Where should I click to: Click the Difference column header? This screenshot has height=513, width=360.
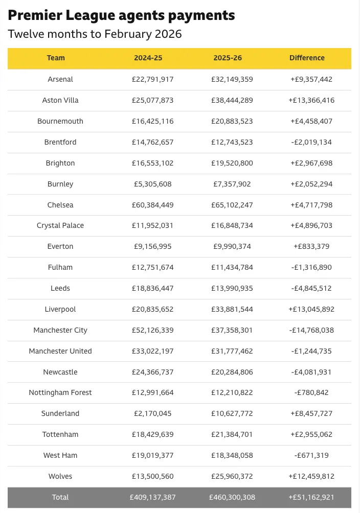tap(307, 58)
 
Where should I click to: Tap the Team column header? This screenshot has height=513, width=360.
tap(56, 58)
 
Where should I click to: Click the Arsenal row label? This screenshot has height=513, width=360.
tap(60, 79)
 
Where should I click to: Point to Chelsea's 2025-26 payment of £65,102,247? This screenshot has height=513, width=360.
tap(232, 205)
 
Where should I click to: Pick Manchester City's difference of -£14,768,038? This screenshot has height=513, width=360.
tap(311, 330)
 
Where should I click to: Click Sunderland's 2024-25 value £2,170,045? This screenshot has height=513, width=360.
tap(152, 413)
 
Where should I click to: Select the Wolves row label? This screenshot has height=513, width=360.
tap(60, 476)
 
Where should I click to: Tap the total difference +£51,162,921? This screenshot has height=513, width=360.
tap(311, 497)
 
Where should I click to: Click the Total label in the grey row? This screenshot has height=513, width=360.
tap(60, 497)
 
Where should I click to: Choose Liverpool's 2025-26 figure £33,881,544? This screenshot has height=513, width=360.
tap(232, 309)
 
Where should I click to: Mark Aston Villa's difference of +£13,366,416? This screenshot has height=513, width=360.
tap(311, 100)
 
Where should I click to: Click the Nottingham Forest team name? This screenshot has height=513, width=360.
tap(60, 392)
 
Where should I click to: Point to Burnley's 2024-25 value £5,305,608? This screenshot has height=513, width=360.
tap(152, 184)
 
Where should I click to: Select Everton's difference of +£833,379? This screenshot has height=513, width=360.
tap(311, 246)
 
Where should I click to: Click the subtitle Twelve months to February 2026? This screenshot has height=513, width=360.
tap(95, 34)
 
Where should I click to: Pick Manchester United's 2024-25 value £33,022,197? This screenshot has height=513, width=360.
tap(152, 351)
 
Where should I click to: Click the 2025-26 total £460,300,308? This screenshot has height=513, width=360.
tap(232, 497)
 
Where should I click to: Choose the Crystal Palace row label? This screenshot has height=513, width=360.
tap(60, 225)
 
